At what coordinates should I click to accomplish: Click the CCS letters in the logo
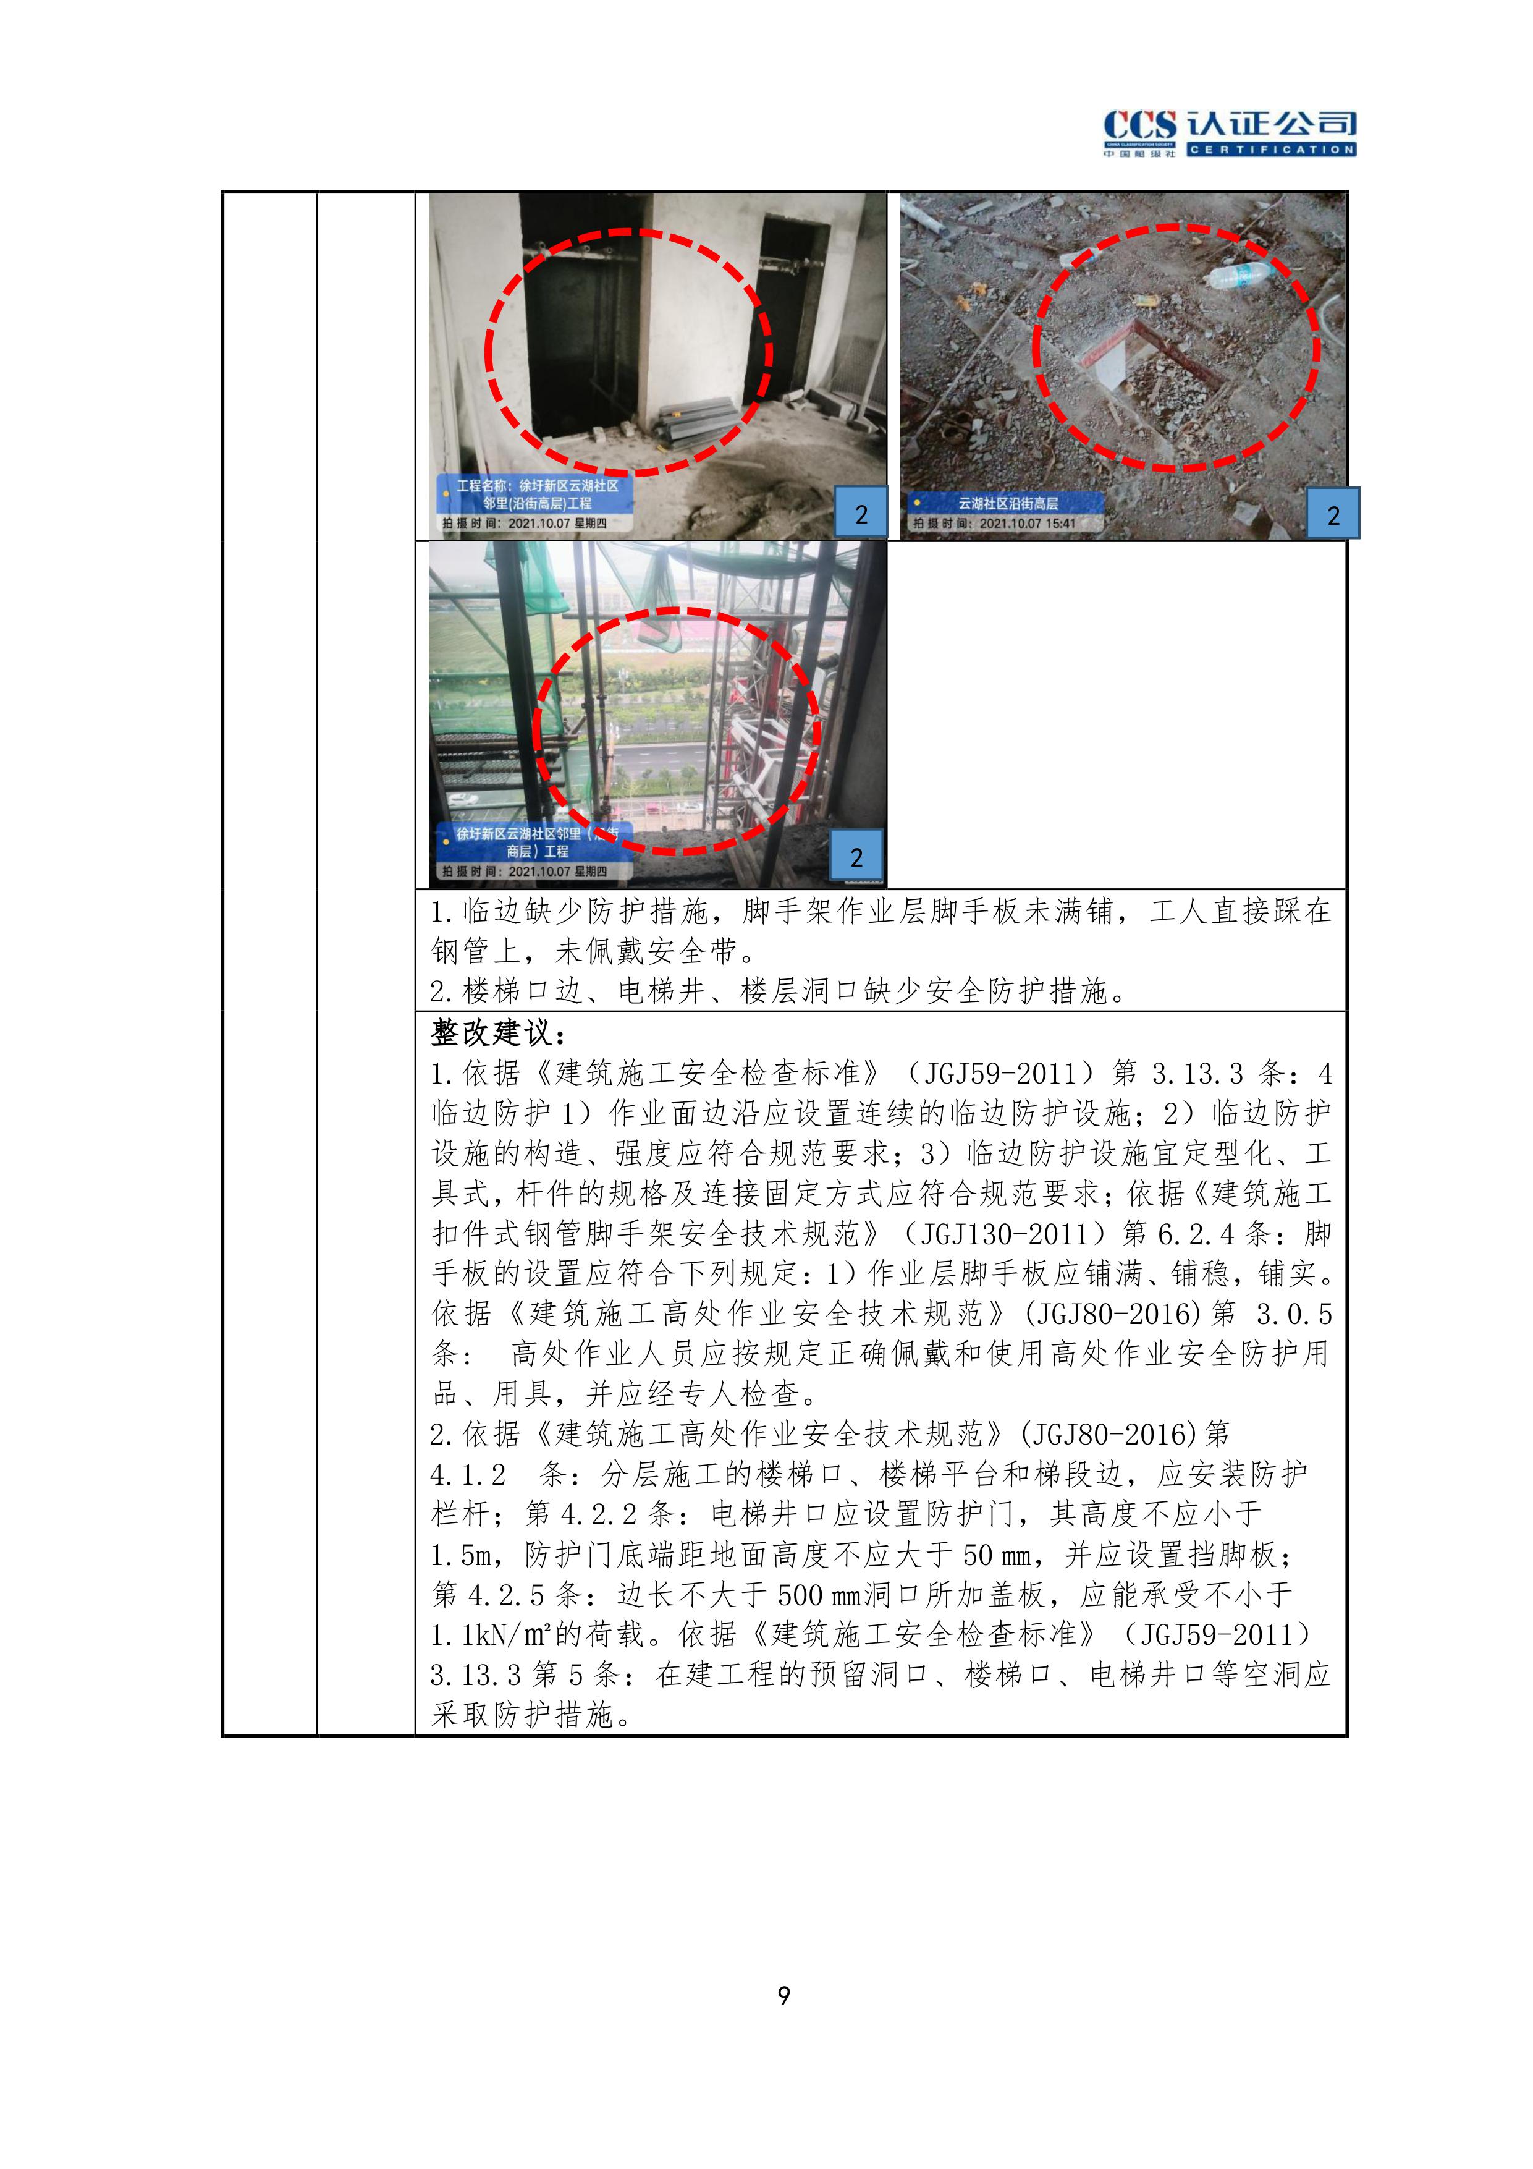pos(1140,125)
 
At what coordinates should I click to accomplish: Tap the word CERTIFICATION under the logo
pos(1272,149)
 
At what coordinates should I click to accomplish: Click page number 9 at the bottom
pos(783,1995)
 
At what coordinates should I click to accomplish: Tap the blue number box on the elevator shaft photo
pos(861,514)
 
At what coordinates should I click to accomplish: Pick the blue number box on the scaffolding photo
pos(856,857)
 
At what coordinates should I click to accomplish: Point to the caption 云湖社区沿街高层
pos(1008,504)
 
